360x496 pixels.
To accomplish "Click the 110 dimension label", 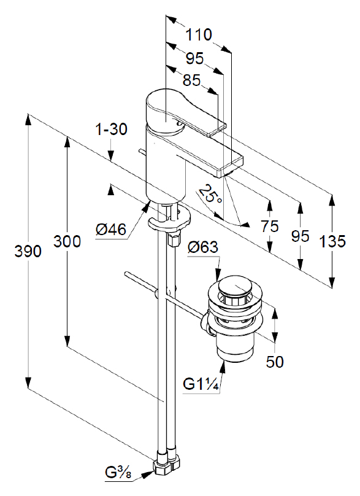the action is (199, 34).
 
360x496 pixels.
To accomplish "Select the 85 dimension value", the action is (191, 80).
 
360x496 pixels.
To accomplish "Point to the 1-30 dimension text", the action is (111, 129).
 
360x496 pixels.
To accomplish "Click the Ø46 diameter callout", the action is (111, 230).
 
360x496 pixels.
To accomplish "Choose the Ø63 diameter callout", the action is (202, 247).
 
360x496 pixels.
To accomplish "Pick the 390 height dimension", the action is (28, 252).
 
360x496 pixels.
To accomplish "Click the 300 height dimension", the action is (67, 241).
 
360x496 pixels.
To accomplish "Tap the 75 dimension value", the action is (270, 227).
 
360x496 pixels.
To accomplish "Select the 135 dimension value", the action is (332, 242).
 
